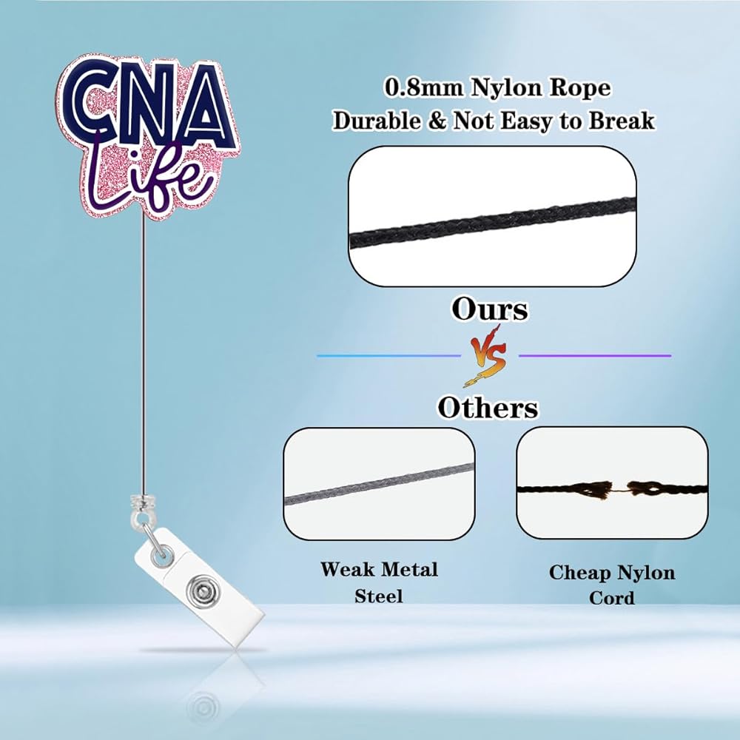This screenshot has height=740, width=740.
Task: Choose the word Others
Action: [x=488, y=407]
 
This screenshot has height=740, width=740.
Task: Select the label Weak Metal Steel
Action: [x=379, y=582]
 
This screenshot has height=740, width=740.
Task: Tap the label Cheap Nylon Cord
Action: [x=612, y=584]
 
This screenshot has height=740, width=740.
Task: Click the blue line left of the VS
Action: [x=388, y=356]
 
